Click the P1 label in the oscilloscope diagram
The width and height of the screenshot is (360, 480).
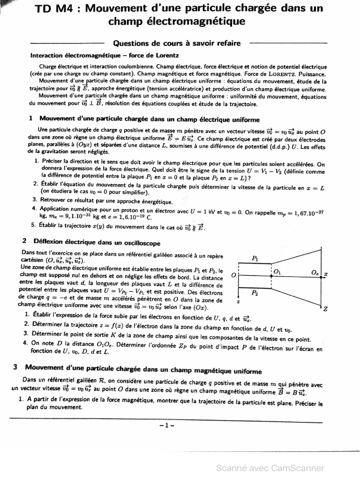click(x=255, y=258)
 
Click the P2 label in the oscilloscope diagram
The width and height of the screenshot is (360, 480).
click(x=255, y=293)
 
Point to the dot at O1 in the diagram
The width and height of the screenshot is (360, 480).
click(x=271, y=276)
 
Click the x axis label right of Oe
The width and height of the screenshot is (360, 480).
click(x=325, y=273)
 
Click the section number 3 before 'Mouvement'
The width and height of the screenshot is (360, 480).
click(x=15, y=367)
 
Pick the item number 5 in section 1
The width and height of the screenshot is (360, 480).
click(x=33, y=225)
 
